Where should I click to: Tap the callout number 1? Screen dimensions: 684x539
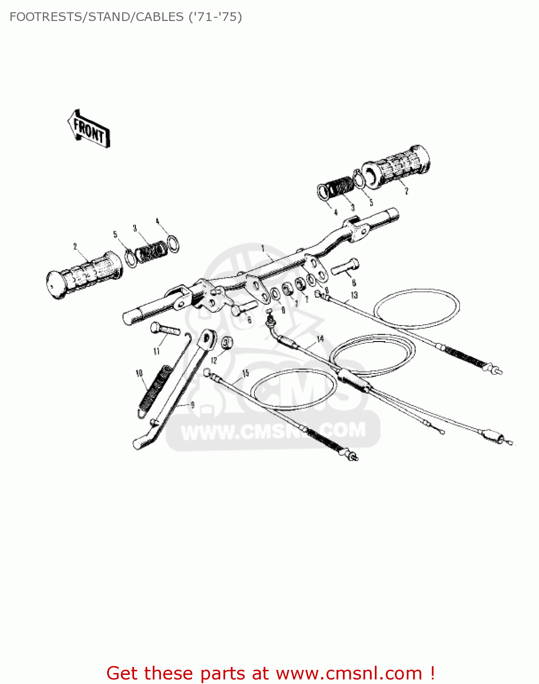[x=263, y=248]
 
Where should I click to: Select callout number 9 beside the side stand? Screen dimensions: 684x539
[x=192, y=404]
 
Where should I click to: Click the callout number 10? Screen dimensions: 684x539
[x=139, y=373]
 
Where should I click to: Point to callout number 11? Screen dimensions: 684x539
[x=156, y=351]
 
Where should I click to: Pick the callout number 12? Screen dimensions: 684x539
[x=214, y=360]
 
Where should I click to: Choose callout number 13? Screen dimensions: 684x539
[x=354, y=295]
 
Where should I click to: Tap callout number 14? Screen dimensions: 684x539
[x=320, y=338]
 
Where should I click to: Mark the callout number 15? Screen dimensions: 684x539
[x=245, y=373]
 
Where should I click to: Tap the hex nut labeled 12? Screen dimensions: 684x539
[x=227, y=342]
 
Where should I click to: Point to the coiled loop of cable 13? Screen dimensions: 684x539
[x=416, y=308]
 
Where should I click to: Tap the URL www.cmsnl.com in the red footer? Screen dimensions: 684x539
[x=349, y=673]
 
